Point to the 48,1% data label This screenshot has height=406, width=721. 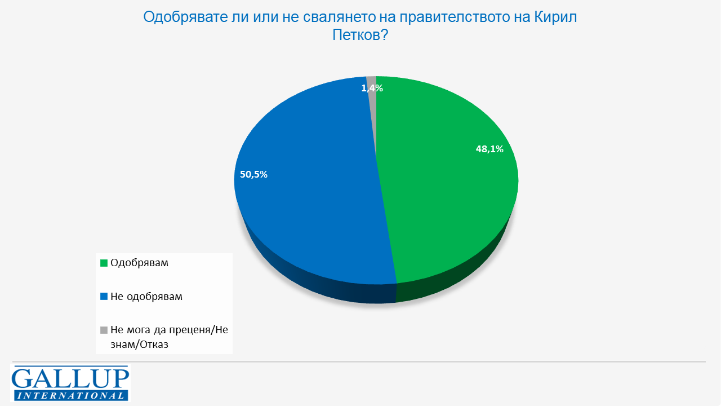point(489,149)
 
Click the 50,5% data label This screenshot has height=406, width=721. point(253,174)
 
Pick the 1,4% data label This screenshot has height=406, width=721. point(372,88)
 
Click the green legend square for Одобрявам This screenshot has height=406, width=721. point(104,263)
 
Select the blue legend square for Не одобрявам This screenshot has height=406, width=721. point(104,296)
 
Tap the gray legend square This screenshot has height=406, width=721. point(104,330)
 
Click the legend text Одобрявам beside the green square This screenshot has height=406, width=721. point(139,263)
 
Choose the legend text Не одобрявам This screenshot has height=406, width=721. point(146,296)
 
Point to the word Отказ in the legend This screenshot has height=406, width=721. point(153,343)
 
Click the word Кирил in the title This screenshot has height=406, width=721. point(554,17)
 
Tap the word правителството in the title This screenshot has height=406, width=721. point(445,17)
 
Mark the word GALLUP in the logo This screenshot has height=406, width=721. point(70,377)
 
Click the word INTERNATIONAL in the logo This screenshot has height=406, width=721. point(70,395)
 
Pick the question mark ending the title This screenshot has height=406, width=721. point(385,36)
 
